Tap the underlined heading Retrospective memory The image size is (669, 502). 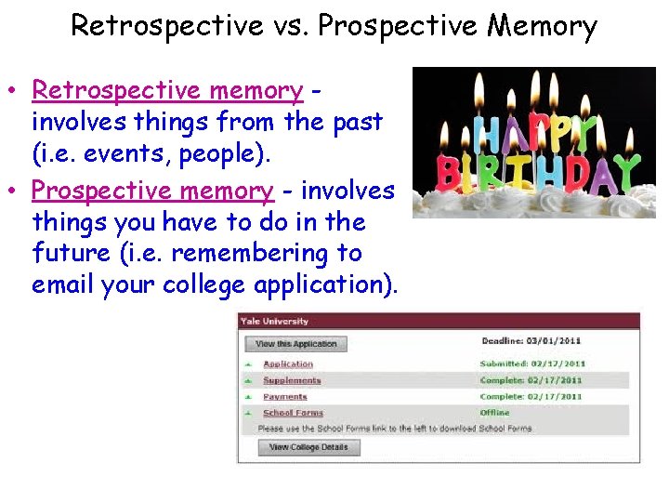167,91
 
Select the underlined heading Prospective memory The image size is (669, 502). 153,191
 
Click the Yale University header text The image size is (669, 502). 274,322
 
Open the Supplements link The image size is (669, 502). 292,380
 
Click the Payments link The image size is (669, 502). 284,397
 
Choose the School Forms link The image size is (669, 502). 293,413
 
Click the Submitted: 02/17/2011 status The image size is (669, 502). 532,364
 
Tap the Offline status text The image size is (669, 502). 495,413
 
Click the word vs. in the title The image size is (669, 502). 291,26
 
